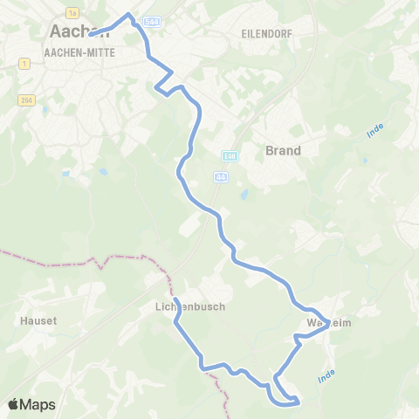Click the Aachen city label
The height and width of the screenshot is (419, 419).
(73, 31)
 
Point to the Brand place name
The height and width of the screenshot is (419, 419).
(283, 150)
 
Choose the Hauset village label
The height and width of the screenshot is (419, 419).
(38, 320)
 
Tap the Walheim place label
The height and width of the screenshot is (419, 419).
(328, 323)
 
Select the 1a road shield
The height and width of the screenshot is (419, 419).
(72, 11)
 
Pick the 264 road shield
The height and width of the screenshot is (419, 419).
(23, 100)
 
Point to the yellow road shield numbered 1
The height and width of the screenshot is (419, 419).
(24, 64)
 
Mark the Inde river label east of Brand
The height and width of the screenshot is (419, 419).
(376, 132)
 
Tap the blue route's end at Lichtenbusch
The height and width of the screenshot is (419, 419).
(175, 300)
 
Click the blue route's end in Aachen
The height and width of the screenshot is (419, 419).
(90, 36)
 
